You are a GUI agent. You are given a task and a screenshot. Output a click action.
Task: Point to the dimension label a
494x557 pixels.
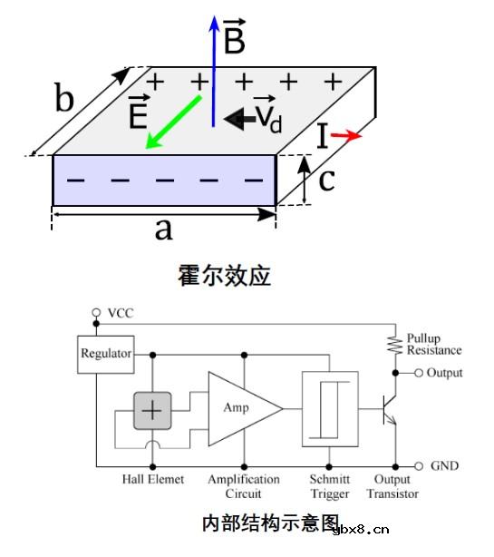click(163, 230)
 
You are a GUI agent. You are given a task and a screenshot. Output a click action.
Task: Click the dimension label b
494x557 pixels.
click(63, 97)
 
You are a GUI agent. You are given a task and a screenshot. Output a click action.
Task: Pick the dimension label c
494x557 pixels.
click(327, 180)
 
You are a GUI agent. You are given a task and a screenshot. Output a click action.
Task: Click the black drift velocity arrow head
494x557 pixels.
click(233, 118)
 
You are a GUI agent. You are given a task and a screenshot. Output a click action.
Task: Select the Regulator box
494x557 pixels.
click(107, 353)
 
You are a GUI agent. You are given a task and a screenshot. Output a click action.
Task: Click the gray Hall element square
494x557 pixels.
click(152, 411)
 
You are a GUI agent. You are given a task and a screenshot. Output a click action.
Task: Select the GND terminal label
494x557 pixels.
click(445, 466)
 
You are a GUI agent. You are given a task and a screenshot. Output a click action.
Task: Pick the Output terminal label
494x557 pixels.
click(444, 373)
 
